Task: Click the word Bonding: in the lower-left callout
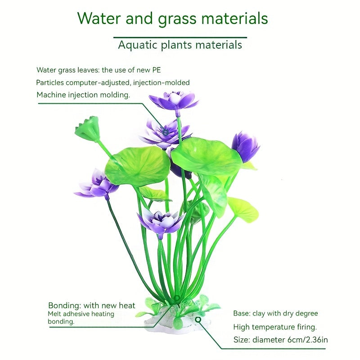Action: coord(65,306)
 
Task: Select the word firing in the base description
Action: coord(306,327)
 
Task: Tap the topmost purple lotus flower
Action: coord(174,101)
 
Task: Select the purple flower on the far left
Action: coord(96,184)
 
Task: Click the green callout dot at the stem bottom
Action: coord(177,298)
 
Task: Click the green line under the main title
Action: coord(180,37)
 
